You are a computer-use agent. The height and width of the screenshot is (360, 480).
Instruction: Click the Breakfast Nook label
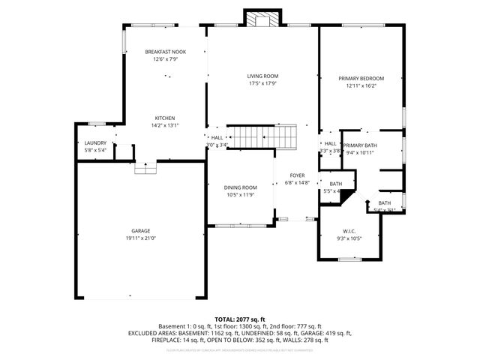pos(165,52)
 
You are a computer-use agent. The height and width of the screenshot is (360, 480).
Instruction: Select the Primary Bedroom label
pos(361,79)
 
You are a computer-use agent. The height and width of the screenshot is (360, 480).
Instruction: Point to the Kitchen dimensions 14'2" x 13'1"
pos(165,126)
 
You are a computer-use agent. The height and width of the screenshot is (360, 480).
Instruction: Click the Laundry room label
pos(95,142)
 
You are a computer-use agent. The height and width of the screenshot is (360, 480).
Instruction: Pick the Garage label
pos(141,230)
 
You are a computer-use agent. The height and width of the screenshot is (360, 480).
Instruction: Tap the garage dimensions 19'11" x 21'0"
pos(141,238)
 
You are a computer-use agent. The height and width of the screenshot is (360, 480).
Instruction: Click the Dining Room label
pos(240,187)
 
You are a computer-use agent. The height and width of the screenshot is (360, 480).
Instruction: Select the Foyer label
pos(298,175)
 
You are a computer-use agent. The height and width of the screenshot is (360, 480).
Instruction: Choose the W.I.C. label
pos(350,231)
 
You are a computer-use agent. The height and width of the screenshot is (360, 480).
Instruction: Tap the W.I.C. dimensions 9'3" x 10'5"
pos(350,238)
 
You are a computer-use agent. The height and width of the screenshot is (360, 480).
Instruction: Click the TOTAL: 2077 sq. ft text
pos(240,319)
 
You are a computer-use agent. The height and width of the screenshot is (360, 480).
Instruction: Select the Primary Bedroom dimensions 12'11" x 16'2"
pos(361,86)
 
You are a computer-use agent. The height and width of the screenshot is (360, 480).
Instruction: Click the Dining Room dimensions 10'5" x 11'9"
pos(240,195)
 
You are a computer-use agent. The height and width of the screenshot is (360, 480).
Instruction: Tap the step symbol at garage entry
pos(145,169)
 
